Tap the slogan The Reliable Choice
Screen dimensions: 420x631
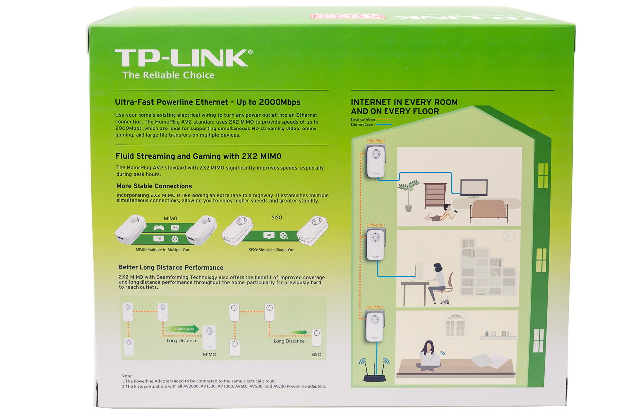click(x=169, y=75)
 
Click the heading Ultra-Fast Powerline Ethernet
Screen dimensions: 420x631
click(x=207, y=102)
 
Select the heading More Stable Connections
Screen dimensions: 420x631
click(x=154, y=186)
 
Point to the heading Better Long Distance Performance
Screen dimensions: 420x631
click(x=171, y=267)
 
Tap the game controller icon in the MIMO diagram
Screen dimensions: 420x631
click(x=159, y=227)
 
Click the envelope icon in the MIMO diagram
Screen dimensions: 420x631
click(x=175, y=227)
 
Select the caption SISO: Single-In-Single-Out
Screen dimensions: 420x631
click(x=272, y=250)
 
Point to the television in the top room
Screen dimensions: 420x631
click(x=473, y=188)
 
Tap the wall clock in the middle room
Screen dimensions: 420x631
click(x=509, y=236)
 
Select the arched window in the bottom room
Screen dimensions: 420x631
click(x=455, y=324)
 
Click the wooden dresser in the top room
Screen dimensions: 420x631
click(x=435, y=195)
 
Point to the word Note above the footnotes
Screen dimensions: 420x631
click(x=127, y=376)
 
